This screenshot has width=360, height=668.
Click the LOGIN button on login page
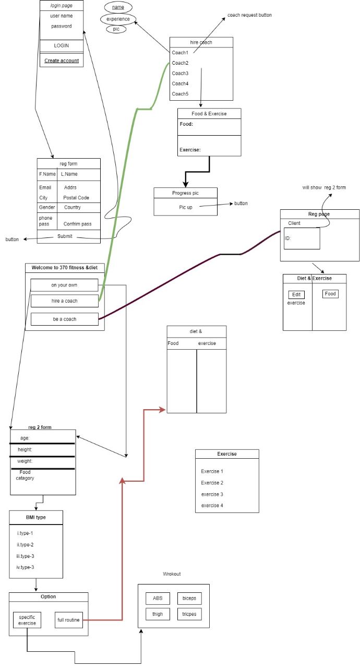click(x=62, y=45)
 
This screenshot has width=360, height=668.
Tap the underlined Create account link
click(x=62, y=61)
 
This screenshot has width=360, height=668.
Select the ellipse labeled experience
click(x=118, y=19)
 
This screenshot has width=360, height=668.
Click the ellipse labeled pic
click(x=116, y=29)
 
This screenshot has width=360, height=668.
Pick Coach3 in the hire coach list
click(x=180, y=73)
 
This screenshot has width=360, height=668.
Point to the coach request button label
click(x=249, y=15)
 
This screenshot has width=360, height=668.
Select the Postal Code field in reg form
click(x=76, y=198)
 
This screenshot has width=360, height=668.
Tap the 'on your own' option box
click(x=64, y=285)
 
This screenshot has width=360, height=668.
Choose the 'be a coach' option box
click(x=64, y=319)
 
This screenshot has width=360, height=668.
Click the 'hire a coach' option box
click(x=64, y=301)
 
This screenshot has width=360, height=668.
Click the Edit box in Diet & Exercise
click(x=296, y=295)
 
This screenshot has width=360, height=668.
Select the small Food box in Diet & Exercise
click(x=330, y=294)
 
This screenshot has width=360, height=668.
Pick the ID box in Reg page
click(x=302, y=238)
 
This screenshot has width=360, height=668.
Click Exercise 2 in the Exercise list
click(x=212, y=483)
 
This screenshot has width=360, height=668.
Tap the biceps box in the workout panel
click(x=189, y=599)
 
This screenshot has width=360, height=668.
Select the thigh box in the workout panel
click(x=158, y=614)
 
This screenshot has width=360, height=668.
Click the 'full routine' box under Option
click(x=69, y=620)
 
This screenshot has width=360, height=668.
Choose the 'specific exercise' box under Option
click(x=27, y=620)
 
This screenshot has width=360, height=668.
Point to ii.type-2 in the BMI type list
click(x=25, y=544)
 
